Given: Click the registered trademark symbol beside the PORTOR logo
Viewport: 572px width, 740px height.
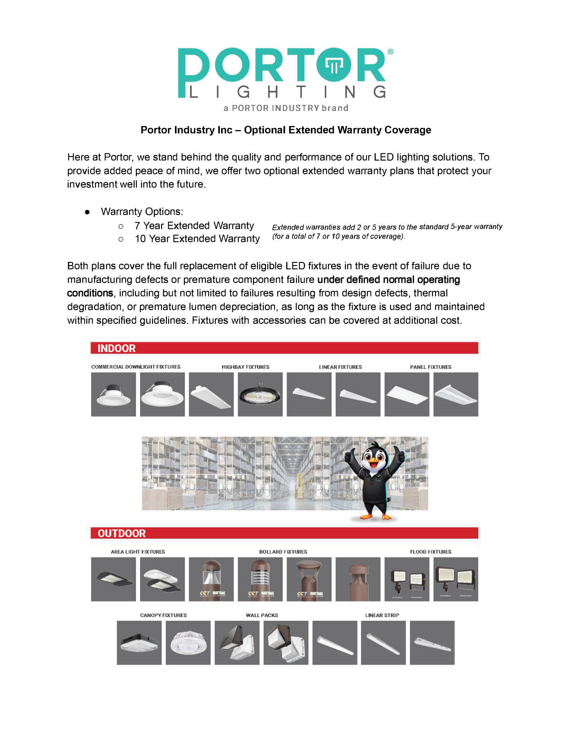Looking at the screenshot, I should pyautogui.click(x=390, y=52).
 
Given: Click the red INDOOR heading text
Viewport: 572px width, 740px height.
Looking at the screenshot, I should pyautogui.click(x=116, y=348).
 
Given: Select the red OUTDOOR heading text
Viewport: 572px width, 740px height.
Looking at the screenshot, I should pyautogui.click(x=122, y=533).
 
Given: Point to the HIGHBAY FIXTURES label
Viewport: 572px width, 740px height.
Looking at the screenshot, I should pyautogui.click(x=245, y=367).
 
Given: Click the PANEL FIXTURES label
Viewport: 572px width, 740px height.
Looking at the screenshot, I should pyautogui.click(x=430, y=367).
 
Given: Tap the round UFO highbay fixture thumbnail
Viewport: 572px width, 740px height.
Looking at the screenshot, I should pyautogui.click(x=260, y=394).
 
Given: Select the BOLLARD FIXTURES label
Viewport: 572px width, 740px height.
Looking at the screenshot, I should pyautogui.click(x=283, y=552).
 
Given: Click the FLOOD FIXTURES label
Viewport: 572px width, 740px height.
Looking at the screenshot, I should pyautogui.click(x=430, y=552).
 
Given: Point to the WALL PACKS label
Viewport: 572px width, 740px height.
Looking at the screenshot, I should pyautogui.click(x=262, y=615).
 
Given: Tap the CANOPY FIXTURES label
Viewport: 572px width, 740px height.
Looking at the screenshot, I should pyautogui.click(x=163, y=615).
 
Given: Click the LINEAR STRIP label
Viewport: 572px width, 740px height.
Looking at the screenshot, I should pyautogui.click(x=382, y=615).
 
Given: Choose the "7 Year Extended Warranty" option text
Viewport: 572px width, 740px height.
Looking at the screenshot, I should pyautogui.click(x=194, y=226).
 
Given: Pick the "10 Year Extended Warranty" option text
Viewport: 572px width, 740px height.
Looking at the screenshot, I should pyautogui.click(x=197, y=239).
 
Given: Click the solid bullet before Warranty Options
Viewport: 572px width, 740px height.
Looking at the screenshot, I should pyautogui.click(x=88, y=212).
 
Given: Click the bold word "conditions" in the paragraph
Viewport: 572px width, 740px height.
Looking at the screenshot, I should pyautogui.click(x=90, y=293).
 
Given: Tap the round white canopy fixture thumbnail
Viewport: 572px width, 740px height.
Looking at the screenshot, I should pyautogui.click(x=188, y=643).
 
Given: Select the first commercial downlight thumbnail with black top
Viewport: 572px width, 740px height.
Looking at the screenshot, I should pyautogui.click(x=113, y=394).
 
